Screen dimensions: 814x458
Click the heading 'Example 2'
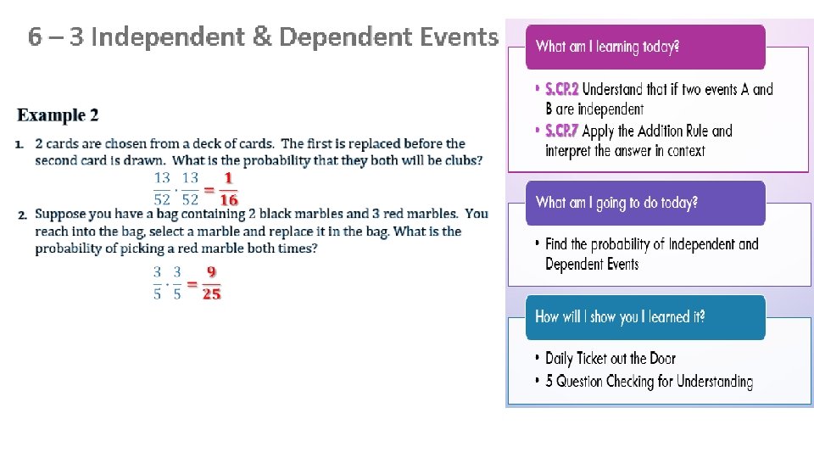pos(59,115)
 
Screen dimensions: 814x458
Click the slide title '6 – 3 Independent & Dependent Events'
pos(263,37)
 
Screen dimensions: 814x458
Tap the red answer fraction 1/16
pos(228,189)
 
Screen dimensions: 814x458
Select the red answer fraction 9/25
pos(211,283)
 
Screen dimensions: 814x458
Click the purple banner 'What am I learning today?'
pos(607,47)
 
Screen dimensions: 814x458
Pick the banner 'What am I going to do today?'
pos(616,203)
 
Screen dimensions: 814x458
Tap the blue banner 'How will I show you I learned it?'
pos(620,317)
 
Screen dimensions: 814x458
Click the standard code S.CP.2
pos(562,89)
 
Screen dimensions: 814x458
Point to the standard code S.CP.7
pos(562,131)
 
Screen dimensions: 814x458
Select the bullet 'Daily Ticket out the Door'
pos(610,359)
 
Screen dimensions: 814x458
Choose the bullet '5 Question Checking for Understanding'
pos(649,381)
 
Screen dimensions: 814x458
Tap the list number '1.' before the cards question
pos(20,143)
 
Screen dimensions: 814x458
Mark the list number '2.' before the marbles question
pos(23,215)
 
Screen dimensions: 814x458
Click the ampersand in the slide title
pos(262,37)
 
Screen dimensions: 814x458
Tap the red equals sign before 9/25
pos(192,283)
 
